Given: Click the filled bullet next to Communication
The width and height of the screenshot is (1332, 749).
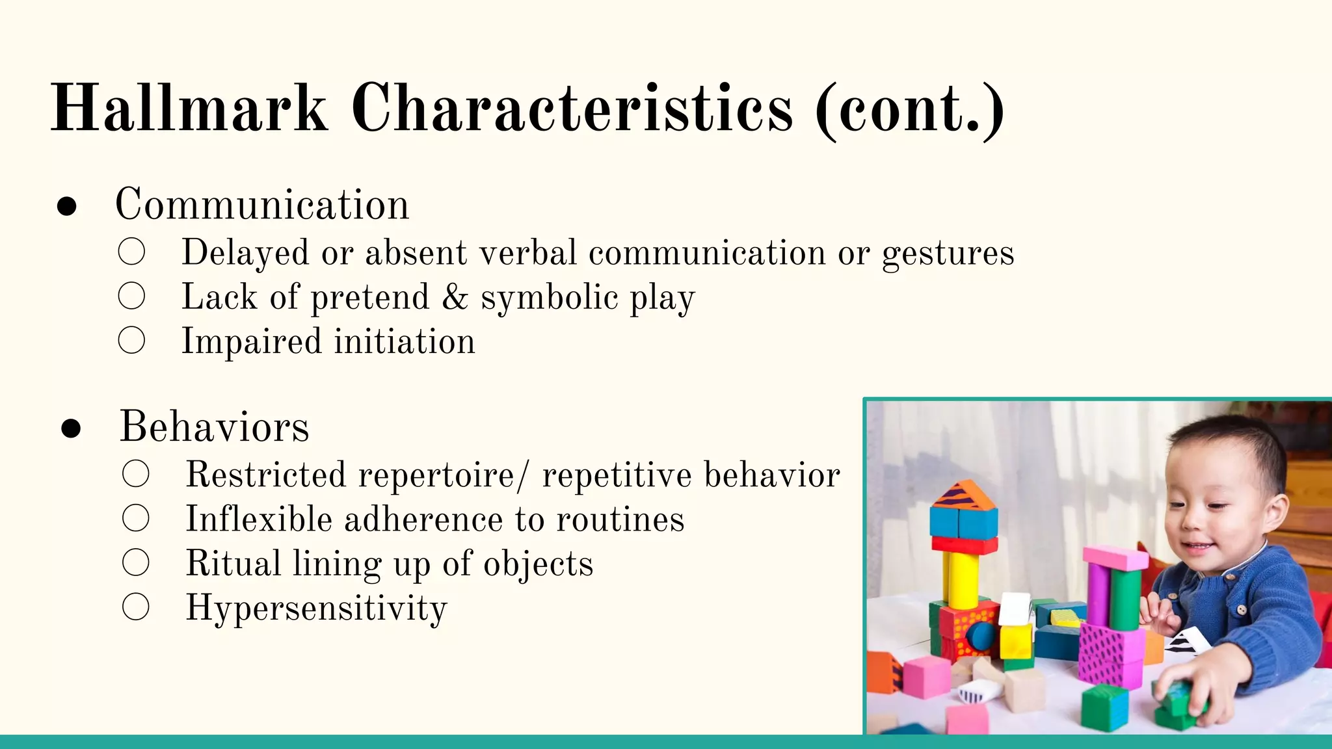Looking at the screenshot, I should [67, 206].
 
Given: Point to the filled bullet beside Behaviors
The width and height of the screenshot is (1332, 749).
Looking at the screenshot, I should [71, 428].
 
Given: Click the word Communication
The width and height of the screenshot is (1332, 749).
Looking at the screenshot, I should [262, 205].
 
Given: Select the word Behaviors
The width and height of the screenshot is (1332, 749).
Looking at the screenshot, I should [215, 427].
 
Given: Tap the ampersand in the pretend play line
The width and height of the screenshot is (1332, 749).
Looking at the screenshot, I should [455, 297].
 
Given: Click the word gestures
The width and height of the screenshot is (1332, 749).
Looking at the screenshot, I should [948, 254].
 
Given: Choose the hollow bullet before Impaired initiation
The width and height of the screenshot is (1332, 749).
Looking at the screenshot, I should [131, 340].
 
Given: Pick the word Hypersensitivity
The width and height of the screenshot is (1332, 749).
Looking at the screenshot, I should [317, 609].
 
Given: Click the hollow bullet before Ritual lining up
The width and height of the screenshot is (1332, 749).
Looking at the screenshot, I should [135, 562].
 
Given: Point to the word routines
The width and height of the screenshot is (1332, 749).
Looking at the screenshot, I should [620, 519].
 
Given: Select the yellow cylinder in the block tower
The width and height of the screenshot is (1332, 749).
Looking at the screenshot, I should [960, 579].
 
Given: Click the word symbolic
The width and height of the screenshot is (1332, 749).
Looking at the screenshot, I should [549, 298].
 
